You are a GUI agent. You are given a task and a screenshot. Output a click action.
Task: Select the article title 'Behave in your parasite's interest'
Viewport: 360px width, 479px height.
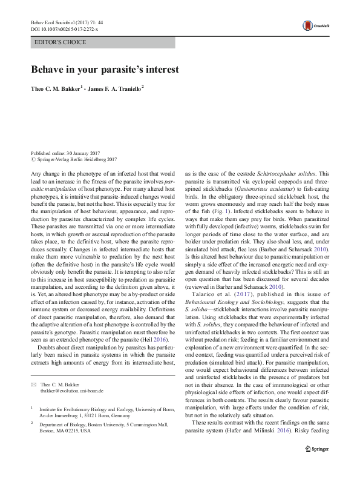[105, 68]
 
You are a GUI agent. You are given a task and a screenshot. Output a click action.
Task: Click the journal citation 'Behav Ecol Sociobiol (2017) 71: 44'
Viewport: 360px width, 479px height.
[68, 22]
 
